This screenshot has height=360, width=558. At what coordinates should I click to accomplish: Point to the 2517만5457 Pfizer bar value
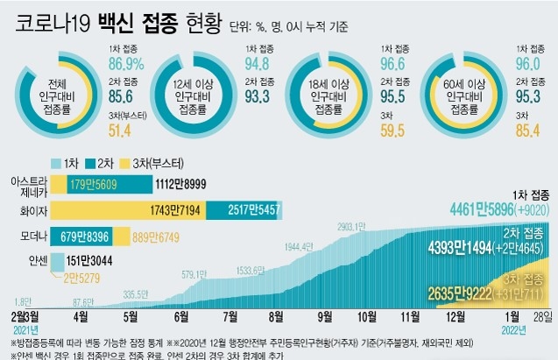251,210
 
